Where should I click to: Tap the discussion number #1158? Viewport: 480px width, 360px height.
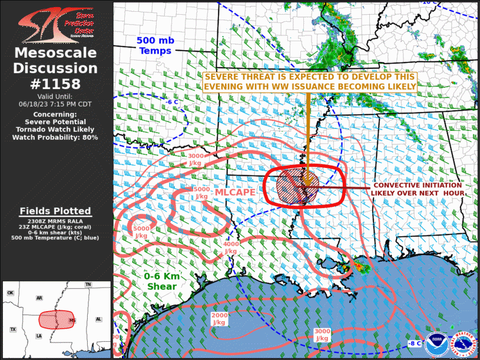(56, 84)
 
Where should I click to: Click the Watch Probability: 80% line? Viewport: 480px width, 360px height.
(55, 137)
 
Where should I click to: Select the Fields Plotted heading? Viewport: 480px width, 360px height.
(55, 211)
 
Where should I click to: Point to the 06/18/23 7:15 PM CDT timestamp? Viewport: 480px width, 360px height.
(55, 104)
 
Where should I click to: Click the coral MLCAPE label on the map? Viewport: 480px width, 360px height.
(234, 192)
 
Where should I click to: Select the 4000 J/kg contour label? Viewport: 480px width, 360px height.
(231, 247)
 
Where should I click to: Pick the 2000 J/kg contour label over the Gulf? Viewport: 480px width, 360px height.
(219, 319)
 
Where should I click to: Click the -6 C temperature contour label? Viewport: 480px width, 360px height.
(171, 102)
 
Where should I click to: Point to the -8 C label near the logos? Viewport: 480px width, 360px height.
(415, 343)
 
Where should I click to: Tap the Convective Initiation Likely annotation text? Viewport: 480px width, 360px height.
(418, 189)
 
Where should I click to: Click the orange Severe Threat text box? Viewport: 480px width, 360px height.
(310, 82)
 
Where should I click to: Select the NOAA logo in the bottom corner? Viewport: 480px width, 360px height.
(435, 342)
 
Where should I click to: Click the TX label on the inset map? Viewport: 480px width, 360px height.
(12, 329)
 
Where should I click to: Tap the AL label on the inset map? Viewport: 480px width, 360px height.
(99, 319)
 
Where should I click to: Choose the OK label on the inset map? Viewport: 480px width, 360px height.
(10, 293)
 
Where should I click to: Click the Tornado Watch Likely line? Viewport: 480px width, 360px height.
(55, 130)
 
